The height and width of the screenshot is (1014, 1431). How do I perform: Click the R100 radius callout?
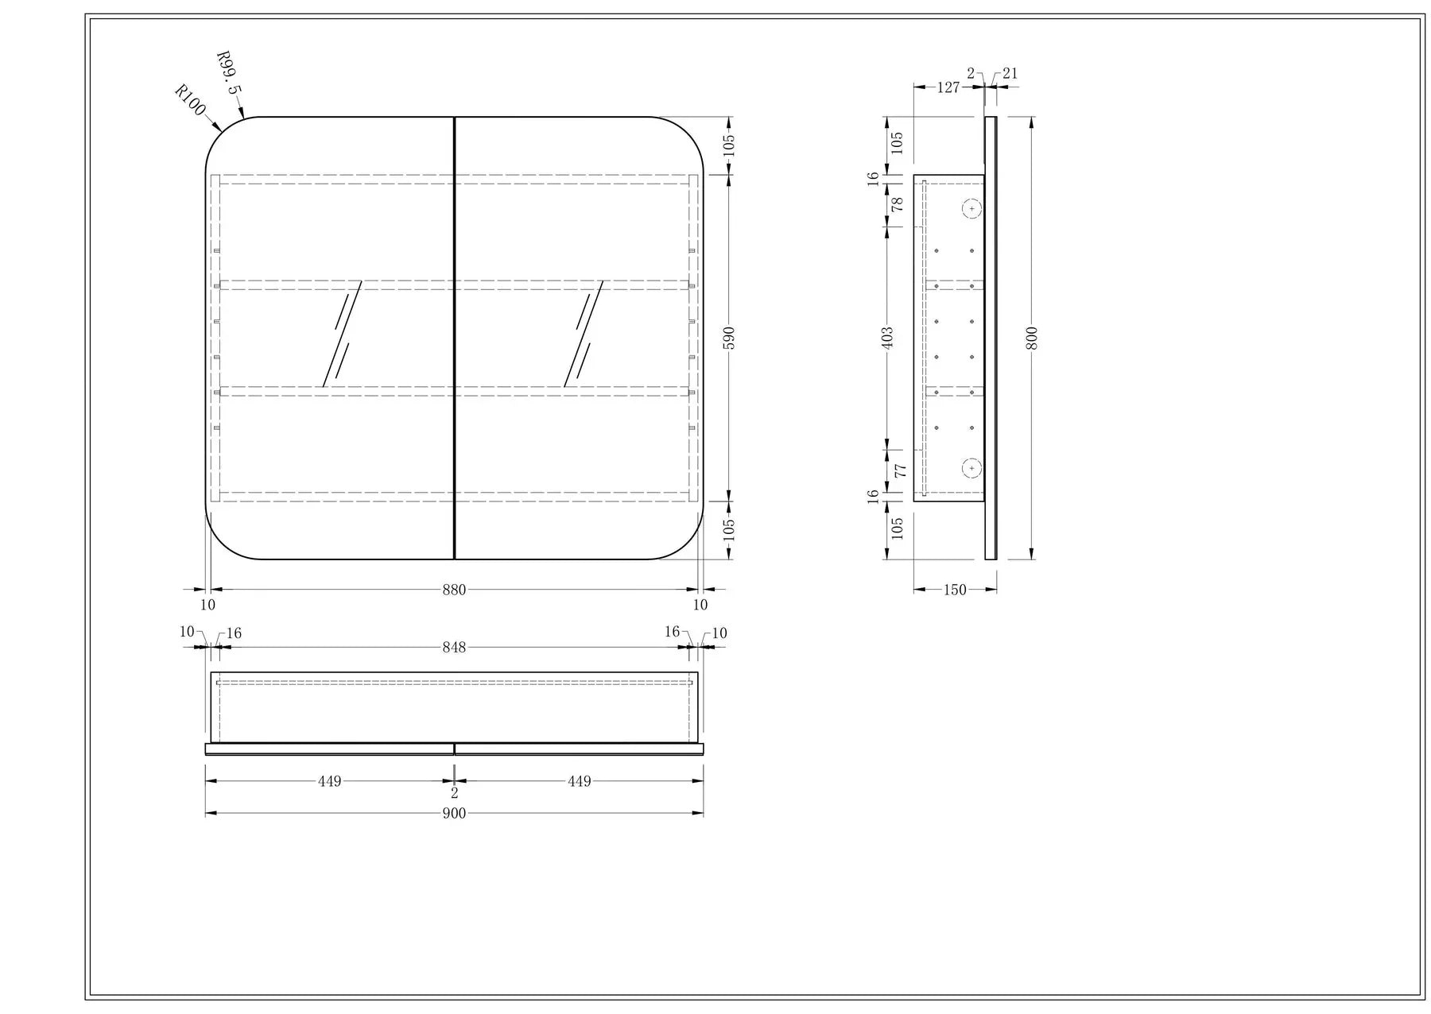point(190,100)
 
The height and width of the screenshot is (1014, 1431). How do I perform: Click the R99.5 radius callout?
point(227,73)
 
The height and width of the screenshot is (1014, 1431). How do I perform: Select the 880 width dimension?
point(454,590)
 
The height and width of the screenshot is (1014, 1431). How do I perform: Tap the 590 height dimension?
point(730,338)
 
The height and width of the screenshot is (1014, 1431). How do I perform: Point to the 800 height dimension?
point(1032,338)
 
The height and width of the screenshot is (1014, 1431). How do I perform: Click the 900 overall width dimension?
point(454,813)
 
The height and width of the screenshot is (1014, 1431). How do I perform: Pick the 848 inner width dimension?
point(454,647)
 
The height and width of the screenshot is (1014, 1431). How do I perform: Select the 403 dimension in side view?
point(888,337)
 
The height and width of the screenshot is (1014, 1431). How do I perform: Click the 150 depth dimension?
point(955,590)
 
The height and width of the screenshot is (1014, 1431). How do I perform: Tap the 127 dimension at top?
point(948,87)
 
